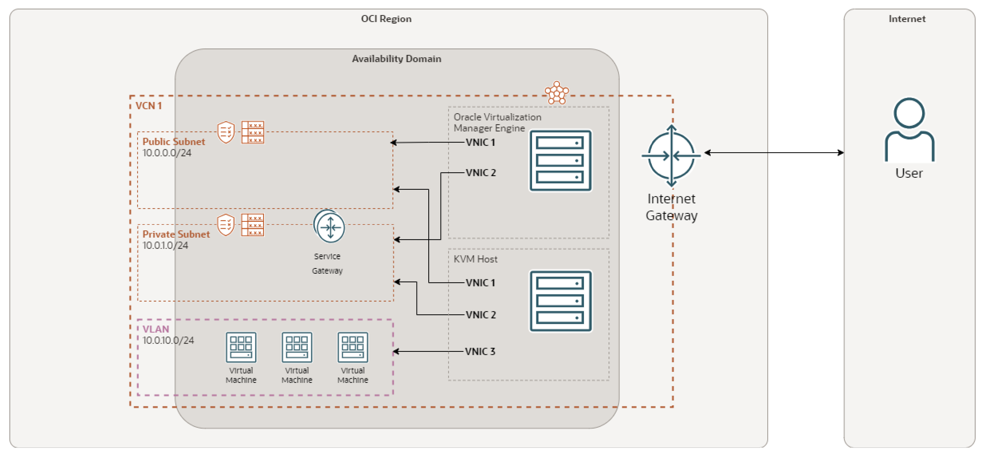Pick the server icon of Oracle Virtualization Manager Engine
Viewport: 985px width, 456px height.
[560, 160]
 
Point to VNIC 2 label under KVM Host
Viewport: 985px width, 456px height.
[481, 315]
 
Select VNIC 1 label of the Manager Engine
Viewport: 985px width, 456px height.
[480, 142]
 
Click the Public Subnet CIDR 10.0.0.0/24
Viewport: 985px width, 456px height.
[167, 153]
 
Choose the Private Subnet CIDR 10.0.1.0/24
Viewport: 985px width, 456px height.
[165, 246]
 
